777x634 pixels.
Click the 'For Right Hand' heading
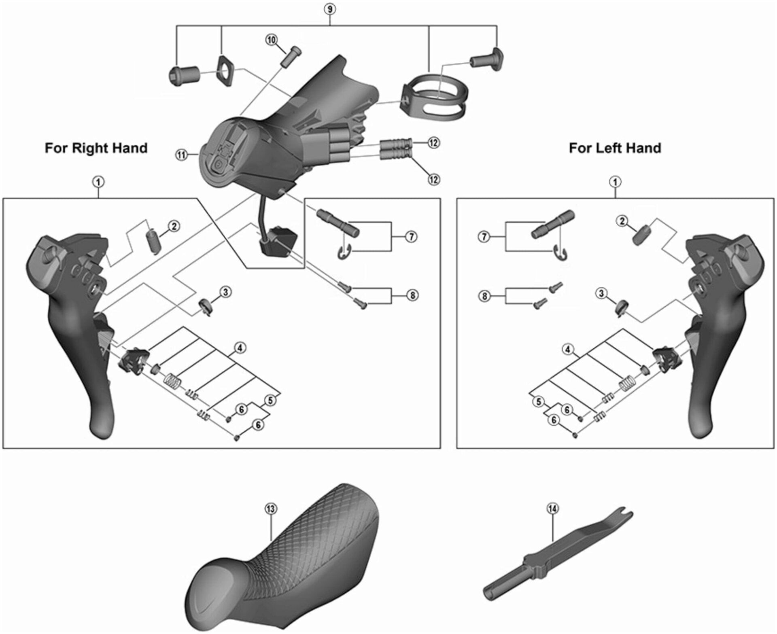tap(96, 148)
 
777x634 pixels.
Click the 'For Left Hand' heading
tap(615, 148)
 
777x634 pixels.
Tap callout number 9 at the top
tap(330, 9)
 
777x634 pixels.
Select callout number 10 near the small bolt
tap(271, 40)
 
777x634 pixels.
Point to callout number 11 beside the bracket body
tap(182, 155)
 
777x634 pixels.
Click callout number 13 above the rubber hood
tap(270, 509)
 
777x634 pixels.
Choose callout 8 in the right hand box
tap(412, 295)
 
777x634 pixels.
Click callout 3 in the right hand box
tap(225, 291)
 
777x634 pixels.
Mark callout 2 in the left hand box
tap(622, 221)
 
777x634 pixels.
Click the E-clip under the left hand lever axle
tap(560, 254)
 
